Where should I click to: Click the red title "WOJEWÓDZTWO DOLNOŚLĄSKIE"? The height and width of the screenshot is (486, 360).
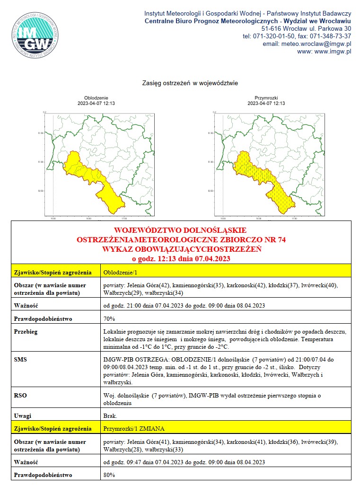[x=181, y=231]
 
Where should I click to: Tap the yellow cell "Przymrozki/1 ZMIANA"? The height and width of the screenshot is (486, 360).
[x=134, y=429]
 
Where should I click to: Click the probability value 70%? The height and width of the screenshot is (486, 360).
[x=109, y=319]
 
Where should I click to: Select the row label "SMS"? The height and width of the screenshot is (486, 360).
[x=21, y=360]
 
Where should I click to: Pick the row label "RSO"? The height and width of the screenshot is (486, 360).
[x=21, y=394]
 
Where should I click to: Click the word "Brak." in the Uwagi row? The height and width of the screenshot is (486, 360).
[x=110, y=416]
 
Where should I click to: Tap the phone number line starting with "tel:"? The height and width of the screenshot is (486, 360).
[x=296, y=36]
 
